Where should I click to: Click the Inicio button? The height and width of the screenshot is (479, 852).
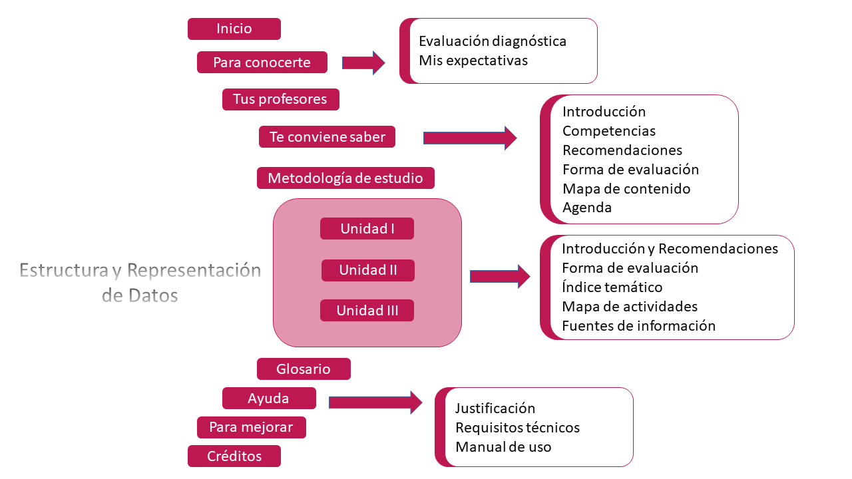pyautogui.click(x=234, y=29)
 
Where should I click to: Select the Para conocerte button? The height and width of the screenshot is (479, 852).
pyautogui.click(x=262, y=63)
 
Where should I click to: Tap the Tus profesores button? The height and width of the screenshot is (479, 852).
pyautogui.click(x=280, y=99)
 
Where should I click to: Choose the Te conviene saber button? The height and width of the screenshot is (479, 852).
pyautogui.click(x=327, y=137)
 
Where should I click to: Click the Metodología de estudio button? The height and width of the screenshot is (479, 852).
pyautogui.click(x=345, y=178)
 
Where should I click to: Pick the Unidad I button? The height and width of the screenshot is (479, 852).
pyautogui.click(x=367, y=229)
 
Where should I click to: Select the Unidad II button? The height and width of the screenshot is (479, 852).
pyautogui.click(x=368, y=270)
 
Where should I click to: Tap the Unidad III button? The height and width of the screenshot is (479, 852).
pyautogui.click(x=367, y=311)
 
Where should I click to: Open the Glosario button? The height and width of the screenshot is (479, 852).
pyautogui.click(x=304, y=369)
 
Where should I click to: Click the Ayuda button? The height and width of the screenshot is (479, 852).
pyautogui.click(x=269, y=399)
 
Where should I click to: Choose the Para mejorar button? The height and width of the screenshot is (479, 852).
pyautogui.click(x=251, y=427)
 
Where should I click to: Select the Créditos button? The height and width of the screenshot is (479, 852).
pyautogui.click(x=234, y=456)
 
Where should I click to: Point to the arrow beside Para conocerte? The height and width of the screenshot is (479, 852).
pyautogui.click(x=363, y=63)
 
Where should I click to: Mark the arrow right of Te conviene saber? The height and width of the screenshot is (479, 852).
pyautogui.click(x=470, y=138)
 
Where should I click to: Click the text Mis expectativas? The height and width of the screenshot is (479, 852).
pyautogui.click(x=473, y=61)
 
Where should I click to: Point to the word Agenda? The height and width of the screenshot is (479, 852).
pyautogui.click(x=587, y=208)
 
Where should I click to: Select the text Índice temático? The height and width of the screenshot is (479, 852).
pyautogui.click(x=612, y=287)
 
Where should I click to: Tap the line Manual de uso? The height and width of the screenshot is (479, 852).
pyautogui.click(x=503, y=447)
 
